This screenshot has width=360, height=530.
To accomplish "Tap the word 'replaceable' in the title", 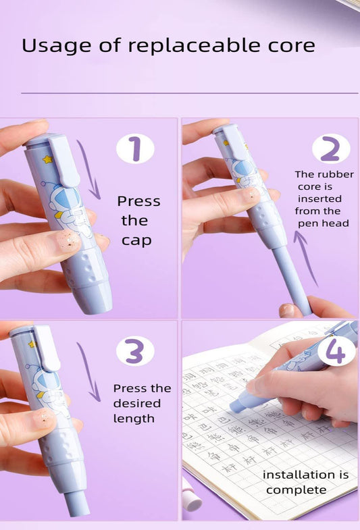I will pos(178,46).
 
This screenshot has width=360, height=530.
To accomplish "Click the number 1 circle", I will pos(135,149).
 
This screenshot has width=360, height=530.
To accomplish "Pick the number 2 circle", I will pos(331,149).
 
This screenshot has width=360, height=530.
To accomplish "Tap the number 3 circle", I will pos(135,352).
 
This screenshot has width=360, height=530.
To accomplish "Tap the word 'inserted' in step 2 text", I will pos(319,199).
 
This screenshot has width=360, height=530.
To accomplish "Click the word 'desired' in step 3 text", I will pos(137,403).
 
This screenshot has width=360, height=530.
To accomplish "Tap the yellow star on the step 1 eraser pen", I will pos(48,161).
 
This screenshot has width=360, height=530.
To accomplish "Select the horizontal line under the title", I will pos(189,93).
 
